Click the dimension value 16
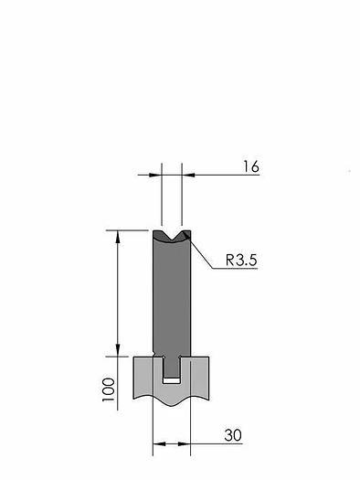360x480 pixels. click(250, 166)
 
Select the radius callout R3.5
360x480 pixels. click(241, 261)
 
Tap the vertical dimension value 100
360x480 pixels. click(109, 389)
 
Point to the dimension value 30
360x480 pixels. click(233, 435)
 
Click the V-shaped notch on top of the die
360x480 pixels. click(172, 236)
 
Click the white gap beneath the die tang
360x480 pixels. click(172, 380)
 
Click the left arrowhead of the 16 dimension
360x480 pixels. click(155, 175)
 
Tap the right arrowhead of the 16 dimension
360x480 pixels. click(188, 175)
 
